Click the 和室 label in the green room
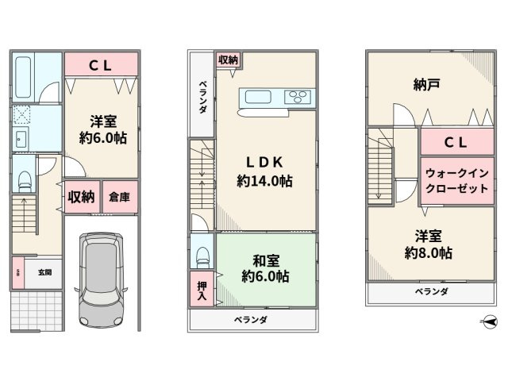point(263,259)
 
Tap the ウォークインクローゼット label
point(456,180)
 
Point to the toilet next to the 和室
point(202,255)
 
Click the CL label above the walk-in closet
point(455,143)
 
